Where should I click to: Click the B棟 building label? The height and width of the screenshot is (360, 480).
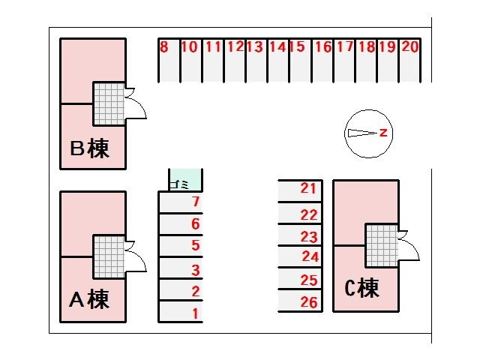pos(89,148)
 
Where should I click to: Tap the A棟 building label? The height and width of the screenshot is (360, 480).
pos(89,299)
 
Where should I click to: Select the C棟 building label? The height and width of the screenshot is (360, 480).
pos(361,288)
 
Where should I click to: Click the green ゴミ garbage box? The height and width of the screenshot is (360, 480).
pos(184,181)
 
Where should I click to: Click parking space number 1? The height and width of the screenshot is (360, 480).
pos(181,312)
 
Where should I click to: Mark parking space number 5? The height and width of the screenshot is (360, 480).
pos(181,246)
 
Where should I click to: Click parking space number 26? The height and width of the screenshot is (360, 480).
pos(300,302)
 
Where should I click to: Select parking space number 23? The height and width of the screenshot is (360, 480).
pos(300,236)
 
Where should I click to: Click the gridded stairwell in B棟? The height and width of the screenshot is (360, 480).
pos(109,103)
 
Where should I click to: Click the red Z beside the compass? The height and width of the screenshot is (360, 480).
pos(383,133)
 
